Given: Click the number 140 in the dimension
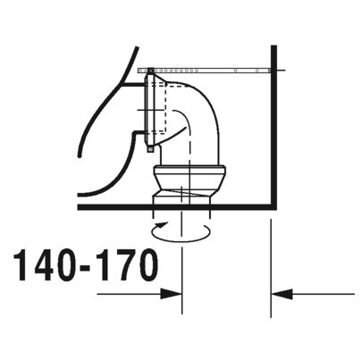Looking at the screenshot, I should (x=44, y=265).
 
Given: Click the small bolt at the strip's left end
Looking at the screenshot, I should (x=149, y=69).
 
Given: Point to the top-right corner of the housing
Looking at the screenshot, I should (x=270, y=45).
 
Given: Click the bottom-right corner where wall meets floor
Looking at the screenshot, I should (x=270, y=207).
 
